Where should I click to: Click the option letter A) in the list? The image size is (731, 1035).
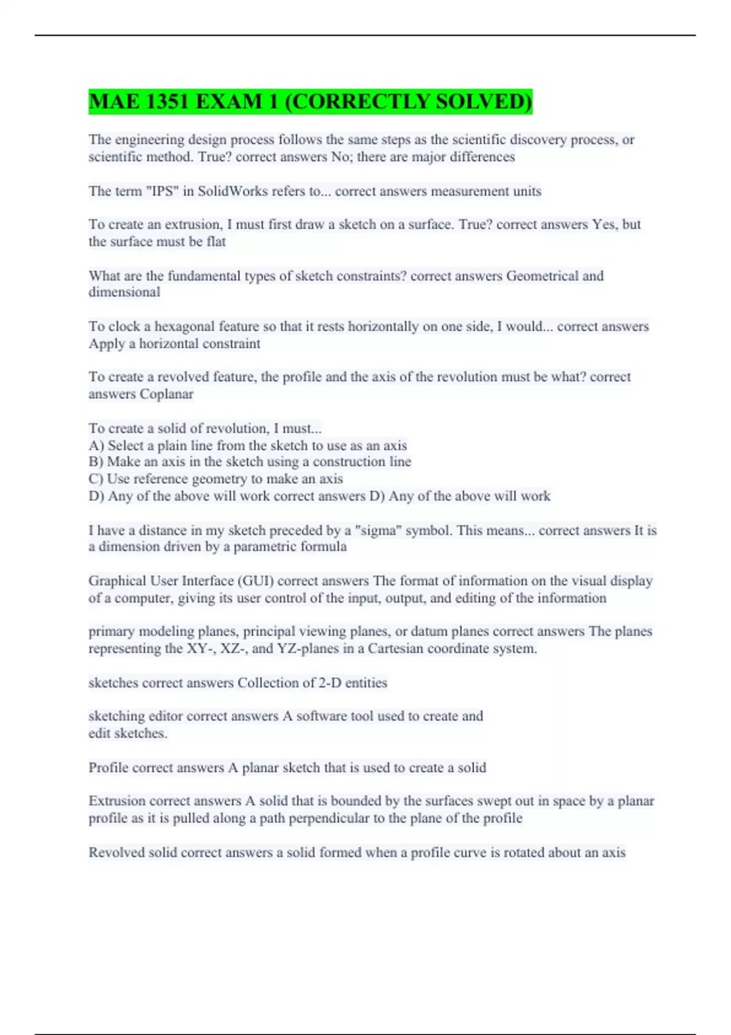[96, 446]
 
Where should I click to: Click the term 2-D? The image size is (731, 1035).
[330, 683]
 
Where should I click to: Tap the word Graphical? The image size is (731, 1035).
[117, 581]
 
